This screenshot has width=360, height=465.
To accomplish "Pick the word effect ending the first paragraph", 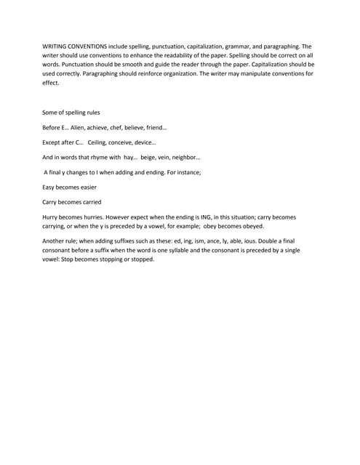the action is [x=52, y=83].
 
